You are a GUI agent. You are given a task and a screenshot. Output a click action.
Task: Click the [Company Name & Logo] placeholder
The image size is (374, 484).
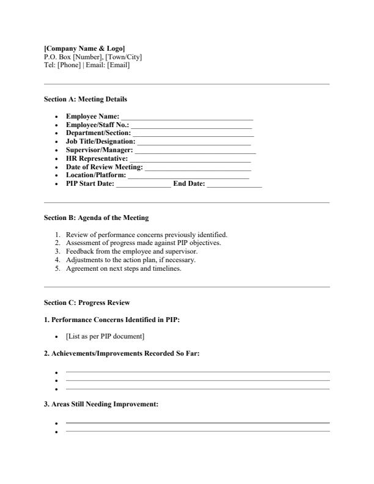point(84,48)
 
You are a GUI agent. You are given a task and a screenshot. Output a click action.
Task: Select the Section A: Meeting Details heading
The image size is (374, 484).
point(86,98)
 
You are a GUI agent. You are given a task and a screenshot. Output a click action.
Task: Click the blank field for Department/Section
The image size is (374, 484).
point(192,133)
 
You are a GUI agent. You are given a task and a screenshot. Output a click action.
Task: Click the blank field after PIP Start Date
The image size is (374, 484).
point(143,185)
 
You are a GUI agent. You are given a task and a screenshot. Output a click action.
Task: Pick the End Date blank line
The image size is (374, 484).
point(234,185)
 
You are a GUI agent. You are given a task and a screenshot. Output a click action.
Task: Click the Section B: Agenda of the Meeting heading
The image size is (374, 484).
point(96,218)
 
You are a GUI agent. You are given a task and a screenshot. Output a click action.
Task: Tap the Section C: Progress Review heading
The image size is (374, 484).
point(87,302)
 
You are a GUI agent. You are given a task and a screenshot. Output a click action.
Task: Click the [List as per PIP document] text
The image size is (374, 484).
point(105,337)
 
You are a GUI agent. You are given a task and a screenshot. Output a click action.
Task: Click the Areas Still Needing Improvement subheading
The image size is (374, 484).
point(101,405)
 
